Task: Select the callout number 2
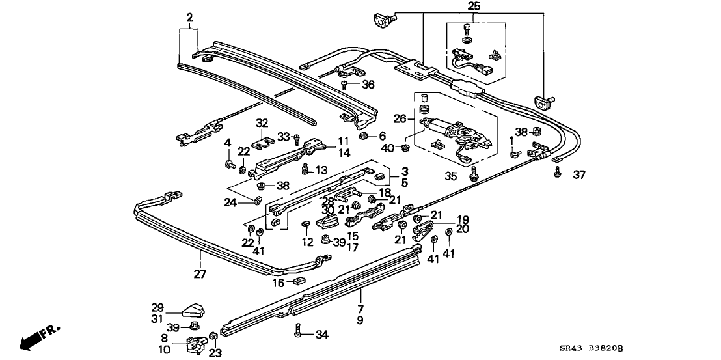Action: pos(189,18)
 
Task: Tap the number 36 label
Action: pos(368,84)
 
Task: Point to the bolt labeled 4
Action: pos(230,163)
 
